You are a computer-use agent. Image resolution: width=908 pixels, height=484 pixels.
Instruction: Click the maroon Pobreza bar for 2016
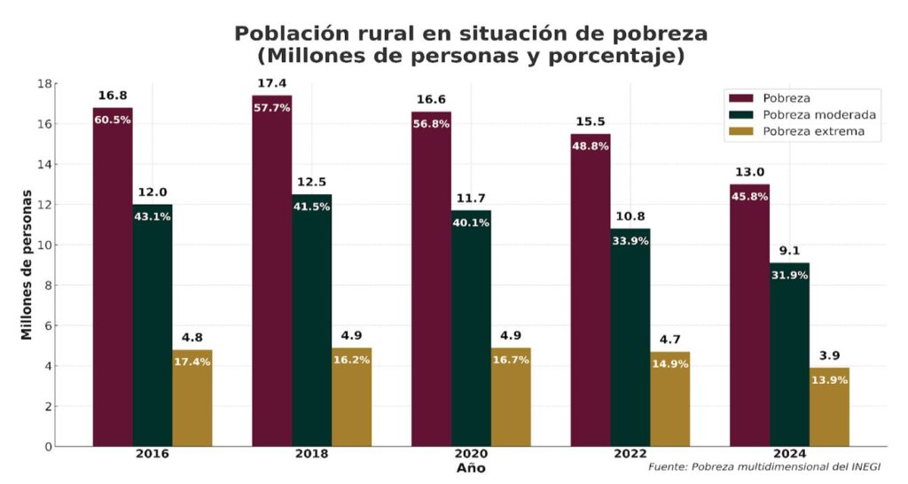tap(113, 284)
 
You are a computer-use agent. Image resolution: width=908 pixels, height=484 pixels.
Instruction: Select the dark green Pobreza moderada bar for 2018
tap(311, 328)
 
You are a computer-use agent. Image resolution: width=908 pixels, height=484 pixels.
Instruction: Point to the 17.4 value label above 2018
tap(271, 83)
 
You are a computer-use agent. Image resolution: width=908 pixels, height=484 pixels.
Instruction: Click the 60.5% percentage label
tap(113, 120)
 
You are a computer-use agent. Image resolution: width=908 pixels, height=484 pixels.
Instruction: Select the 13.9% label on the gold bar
tap(829, 380)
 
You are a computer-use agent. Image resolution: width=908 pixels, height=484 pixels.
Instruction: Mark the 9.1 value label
tap(789, 250)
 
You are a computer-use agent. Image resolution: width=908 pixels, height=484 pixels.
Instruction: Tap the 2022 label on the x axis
tap(630, 454)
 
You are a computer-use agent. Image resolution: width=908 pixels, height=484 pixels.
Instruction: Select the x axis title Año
tap(471, 468)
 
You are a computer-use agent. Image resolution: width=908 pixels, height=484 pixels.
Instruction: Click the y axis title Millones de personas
tap(27, 264)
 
